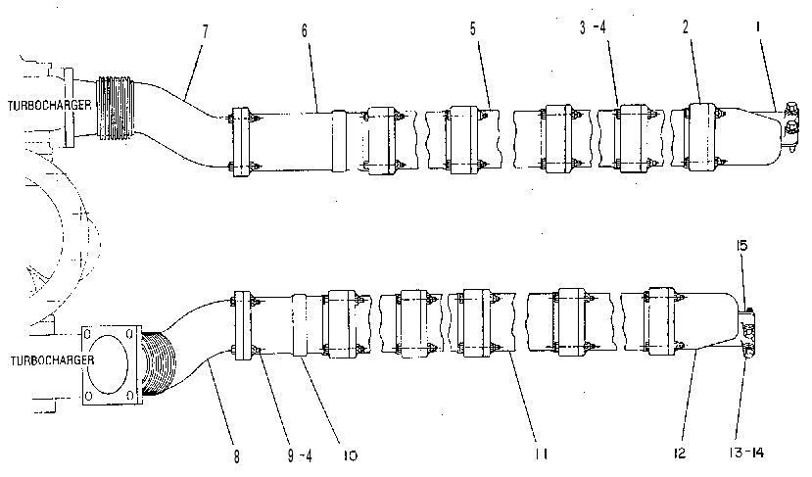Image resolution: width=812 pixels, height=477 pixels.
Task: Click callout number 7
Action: pos(205,31)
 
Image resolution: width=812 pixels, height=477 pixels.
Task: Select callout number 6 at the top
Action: pos(305,30)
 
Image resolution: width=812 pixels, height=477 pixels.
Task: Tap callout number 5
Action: pos(473,29)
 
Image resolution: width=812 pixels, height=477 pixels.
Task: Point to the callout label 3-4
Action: pos(593,27)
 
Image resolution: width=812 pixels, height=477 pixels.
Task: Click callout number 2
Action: pos(686,27)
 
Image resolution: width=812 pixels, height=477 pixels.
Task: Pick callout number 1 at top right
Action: pos(758,26)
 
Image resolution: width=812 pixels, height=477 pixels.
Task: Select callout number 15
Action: pos(742,246)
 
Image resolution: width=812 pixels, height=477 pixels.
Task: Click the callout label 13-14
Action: pos(745,453)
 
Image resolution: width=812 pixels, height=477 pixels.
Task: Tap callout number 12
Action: pos(680,453)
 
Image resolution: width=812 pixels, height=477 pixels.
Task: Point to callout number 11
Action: pos(541,454)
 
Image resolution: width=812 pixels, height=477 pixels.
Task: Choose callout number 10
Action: pos(350,455)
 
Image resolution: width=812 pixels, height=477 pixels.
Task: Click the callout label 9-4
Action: pos(300,455)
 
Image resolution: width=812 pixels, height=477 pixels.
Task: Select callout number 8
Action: pos(237,456)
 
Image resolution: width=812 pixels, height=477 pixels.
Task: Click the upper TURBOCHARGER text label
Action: pos(49,105)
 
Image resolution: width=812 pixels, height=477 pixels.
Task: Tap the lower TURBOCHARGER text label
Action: pos(52,359)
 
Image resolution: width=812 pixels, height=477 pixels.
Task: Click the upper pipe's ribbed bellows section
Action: pos(116,109)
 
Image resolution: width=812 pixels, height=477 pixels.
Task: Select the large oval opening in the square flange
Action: pos(109,364)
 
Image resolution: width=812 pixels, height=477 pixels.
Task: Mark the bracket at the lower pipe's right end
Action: pos(747,333)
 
